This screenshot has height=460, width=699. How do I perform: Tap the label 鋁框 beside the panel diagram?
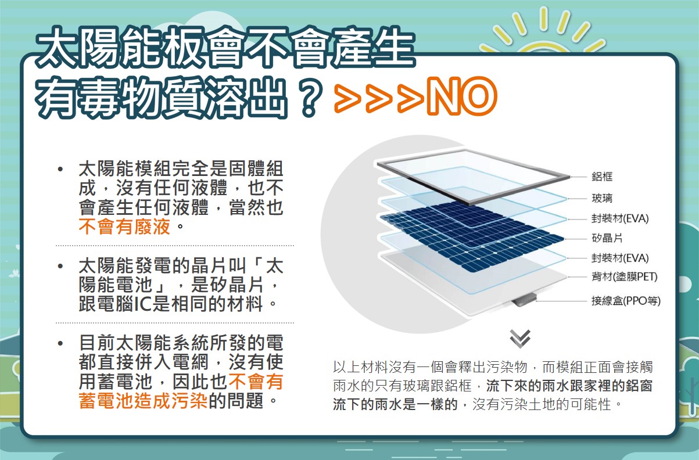tap(602, 177)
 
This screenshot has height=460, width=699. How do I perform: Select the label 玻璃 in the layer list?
tap(602, 198)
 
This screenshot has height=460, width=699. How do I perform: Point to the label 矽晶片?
tap(607, 238)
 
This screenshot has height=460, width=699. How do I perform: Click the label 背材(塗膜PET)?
tap(625, 276)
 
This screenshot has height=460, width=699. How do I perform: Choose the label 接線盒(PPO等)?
tap(626, 301)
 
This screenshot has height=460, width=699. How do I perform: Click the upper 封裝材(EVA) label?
tap(620, 218)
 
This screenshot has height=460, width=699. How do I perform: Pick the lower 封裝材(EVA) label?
tap(620, 258)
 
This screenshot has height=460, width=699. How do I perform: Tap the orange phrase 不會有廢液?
tap(124, 226)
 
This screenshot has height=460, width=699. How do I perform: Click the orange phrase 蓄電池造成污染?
tap(143, 401)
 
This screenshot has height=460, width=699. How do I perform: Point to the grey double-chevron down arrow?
tap(520, 339)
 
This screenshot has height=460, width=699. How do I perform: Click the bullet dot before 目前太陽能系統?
tap(60, 343)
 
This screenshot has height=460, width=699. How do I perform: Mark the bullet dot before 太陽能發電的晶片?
tap(60, 266)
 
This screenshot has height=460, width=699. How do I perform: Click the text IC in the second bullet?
tap(142, 304)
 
